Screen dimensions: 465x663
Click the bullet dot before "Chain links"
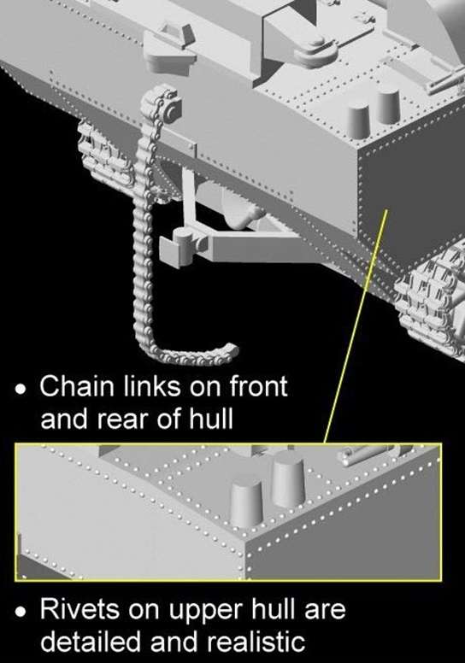[20, 389]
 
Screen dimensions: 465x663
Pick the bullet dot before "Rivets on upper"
[20, 613]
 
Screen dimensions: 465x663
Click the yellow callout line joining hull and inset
[356, 326]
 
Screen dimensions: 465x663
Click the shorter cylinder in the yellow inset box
[247, 503]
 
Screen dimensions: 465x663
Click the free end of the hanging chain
[231, 351]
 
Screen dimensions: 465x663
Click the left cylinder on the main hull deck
[358, 120]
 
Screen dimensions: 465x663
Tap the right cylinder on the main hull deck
[388, 106]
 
